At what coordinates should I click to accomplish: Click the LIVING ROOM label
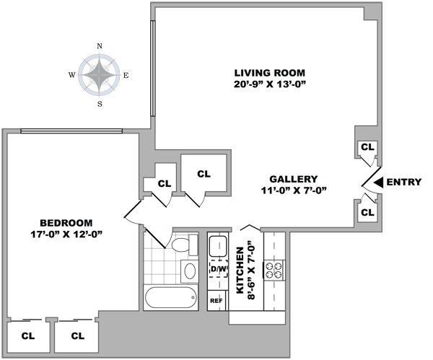point(271,73)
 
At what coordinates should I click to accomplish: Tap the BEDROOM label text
point(66,222)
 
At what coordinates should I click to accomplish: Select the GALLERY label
point(294,179)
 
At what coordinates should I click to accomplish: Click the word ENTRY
point(404,182)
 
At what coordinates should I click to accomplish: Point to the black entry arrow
point(377,182)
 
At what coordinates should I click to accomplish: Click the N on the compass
point(99,46)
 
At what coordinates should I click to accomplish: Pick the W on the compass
point(72,75)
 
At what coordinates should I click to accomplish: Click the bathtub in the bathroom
point(171,297)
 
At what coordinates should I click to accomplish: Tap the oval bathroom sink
point(188,272)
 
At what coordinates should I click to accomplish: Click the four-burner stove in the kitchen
point(276,270)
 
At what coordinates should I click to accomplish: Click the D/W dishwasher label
point(218,269)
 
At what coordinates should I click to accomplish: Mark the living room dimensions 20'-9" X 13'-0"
point(271,85)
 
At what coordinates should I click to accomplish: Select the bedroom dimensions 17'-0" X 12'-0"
point(66,234)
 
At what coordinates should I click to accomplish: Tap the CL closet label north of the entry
point(367,146)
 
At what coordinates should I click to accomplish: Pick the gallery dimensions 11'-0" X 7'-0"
point(294,191)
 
